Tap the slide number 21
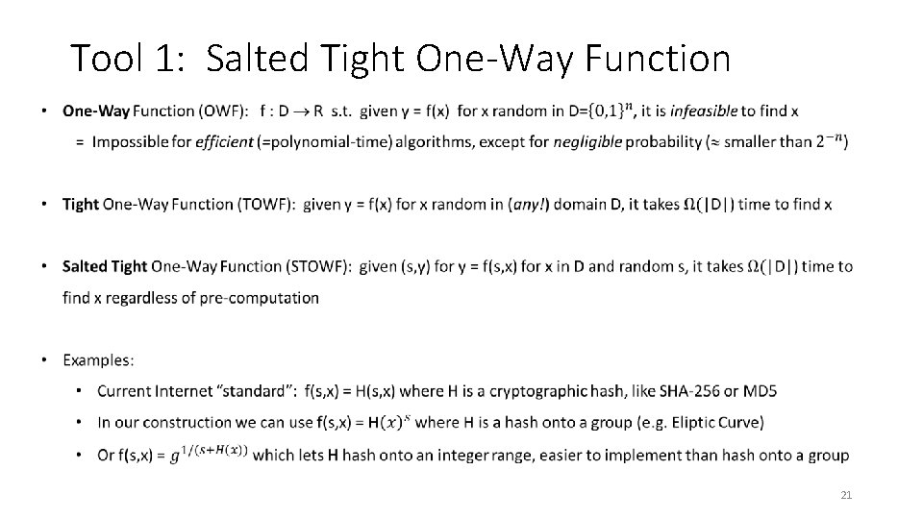pos(846,495)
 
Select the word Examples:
pos(99,359)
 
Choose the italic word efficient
pos(223,142)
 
